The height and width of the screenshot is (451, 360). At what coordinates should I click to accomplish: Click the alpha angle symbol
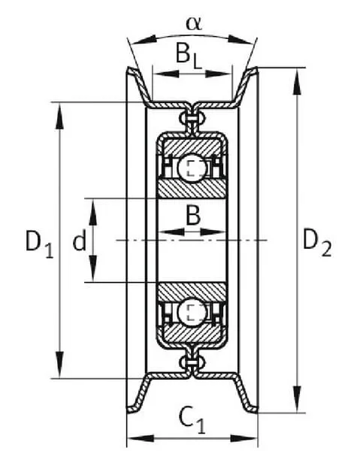click(x=194, y=23)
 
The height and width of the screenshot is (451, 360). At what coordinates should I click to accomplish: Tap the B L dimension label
click(x=189, y=56)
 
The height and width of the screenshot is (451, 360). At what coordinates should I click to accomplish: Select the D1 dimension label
click(x=39, y=244)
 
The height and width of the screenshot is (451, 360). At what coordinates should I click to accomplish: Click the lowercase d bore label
click(x=79, y=241)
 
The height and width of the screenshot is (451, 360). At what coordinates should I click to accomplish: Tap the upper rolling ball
click(x=192, y=168)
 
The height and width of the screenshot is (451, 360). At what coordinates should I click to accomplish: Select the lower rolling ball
click(x=192, y=313)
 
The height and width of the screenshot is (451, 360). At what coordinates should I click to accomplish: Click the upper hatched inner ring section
click(x=192, y=188)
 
